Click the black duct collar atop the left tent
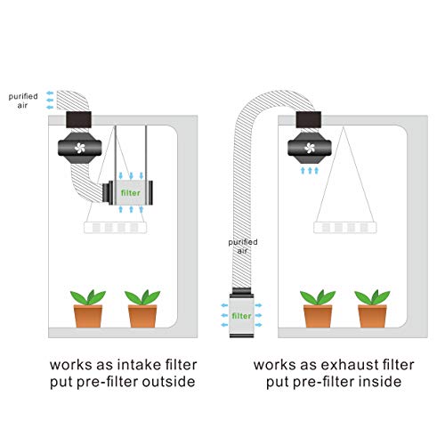[x=85, y=118]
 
